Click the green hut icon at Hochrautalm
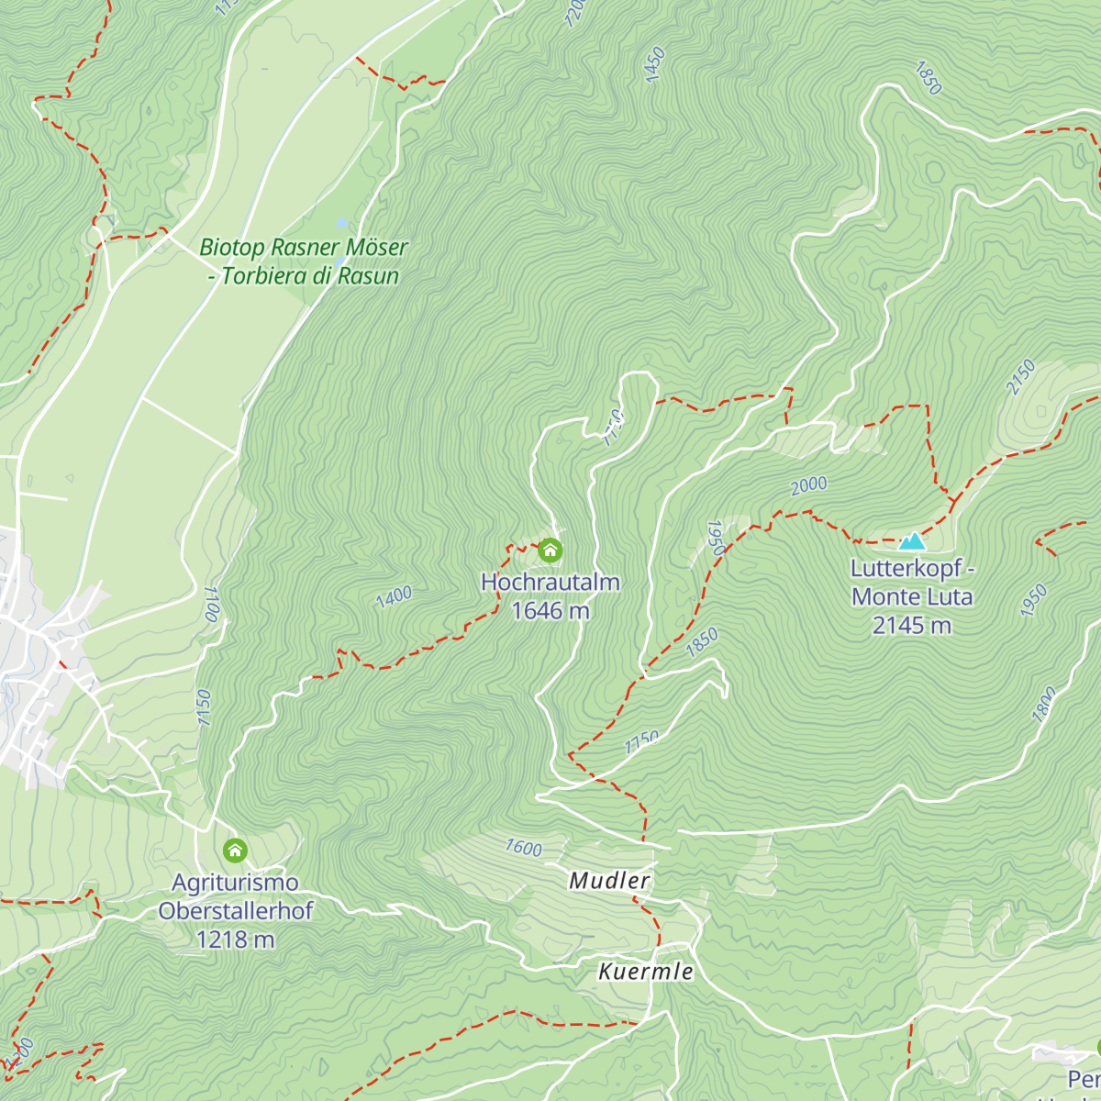tap(550, 550)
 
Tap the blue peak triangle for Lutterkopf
tap(911, 541)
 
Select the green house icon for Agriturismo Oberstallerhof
tap(235, 851)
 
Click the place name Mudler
tap(610, 881)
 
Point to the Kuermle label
tap(646, 972)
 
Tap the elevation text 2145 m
tap(911, 626)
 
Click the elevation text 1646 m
tap(550, 611)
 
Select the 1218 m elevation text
tap(235, 940)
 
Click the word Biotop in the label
tap(232, 248)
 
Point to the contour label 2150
tap(1020, 377)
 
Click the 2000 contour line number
tap(808, 485)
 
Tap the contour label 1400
tap(394, 597)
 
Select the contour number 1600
tap(523, 848)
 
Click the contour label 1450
tap(654, 65)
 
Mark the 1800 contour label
tap(1044, 705)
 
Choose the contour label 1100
tap(212, 604)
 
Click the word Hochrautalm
tap(550, 583)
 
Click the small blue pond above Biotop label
tap(342, 223)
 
